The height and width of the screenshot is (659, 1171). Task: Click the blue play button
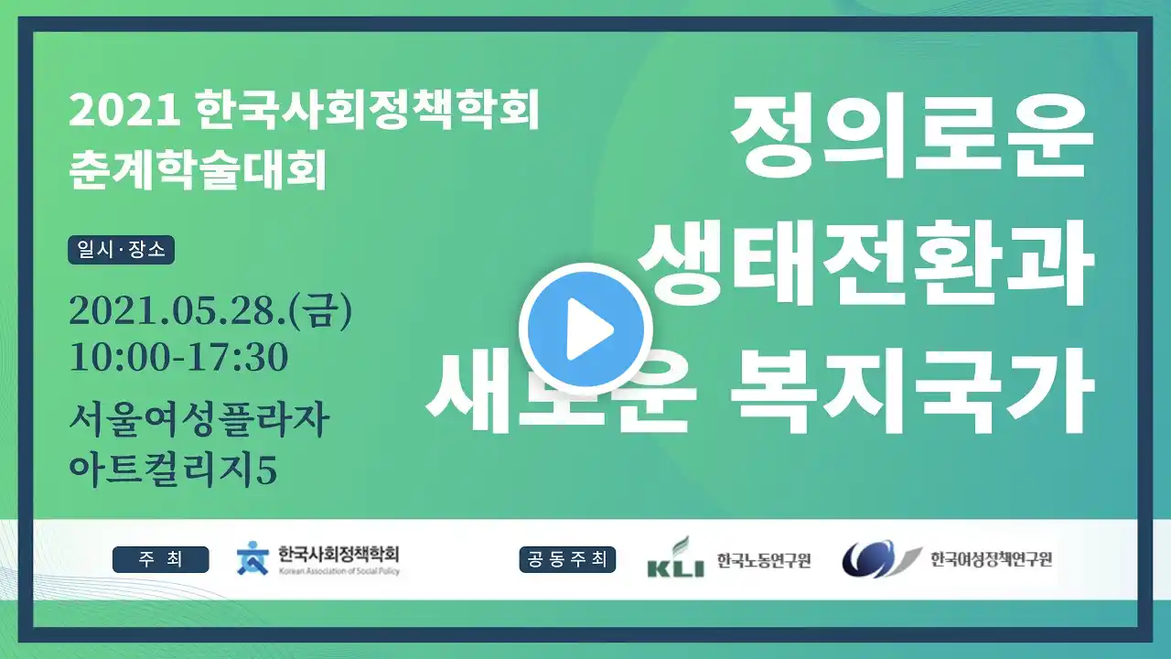[x=585, y=329]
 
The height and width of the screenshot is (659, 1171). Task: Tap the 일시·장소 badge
[x=122, y=250]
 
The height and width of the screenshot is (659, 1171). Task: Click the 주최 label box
[x=160, y=559]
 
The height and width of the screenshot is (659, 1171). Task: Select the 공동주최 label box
[x=567, y=559]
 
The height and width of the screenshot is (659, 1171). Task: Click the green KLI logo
[x=675, y=557]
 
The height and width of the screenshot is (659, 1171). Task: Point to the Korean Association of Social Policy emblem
[x=252, y=558]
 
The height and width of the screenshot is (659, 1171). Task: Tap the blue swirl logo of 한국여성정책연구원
[x=881, y=558]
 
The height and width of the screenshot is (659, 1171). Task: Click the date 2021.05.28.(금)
[x=210, y=311]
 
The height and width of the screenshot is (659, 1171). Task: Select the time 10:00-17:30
[x=178, y=357]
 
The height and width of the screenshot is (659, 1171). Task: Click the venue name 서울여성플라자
[x=199, y=419]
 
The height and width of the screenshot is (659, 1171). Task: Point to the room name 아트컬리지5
[x=173, y=470]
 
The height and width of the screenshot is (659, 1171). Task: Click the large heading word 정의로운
[x=912, y=137]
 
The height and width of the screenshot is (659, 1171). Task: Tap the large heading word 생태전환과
[x=866, y=263]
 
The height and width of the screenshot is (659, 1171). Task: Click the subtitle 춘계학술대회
[x=199, y=169]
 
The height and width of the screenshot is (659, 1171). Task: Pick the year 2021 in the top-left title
[x=124, y=112]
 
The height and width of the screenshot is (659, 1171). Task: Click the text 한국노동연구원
[x=763, y=560]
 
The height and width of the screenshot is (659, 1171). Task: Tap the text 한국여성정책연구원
[x=991, y=559]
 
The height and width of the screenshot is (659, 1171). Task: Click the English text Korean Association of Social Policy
[x=338, y=571]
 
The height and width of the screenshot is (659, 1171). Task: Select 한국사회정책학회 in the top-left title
[x=369, y=111]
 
